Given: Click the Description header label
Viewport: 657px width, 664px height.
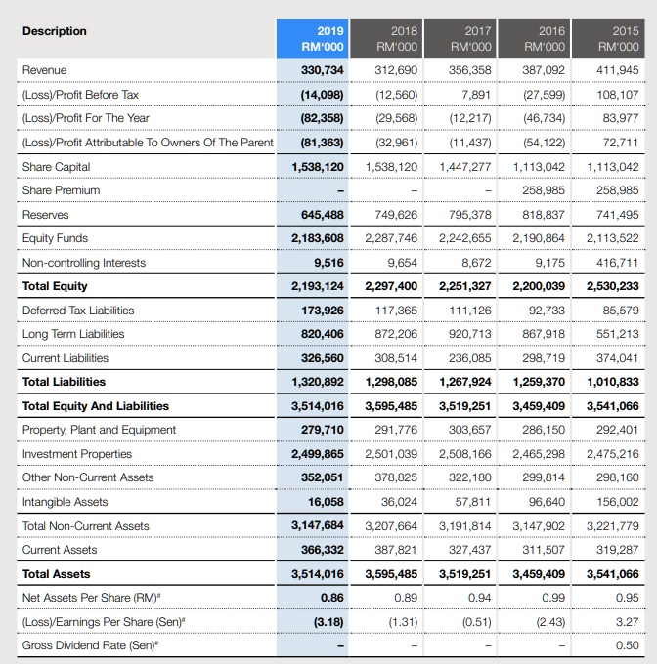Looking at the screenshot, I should click(x=54, y=31).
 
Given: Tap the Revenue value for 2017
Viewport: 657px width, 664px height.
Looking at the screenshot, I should click(x=466, y=70).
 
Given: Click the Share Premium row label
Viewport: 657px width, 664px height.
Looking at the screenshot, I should click(x=60, y=190).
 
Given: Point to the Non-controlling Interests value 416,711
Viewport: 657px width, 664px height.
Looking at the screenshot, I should click(x=616, y=263).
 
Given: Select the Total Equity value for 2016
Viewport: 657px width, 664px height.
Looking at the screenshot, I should click(x=541, y=286).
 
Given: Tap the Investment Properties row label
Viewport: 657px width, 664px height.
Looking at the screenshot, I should click(x=76, y=454).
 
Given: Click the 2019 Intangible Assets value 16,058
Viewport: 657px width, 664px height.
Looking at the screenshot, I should click(x=325, y=502).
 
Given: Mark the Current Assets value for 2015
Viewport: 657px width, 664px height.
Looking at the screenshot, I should click(x=616, y=550).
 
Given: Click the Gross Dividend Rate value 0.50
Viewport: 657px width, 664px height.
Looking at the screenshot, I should click(x=627, y=645).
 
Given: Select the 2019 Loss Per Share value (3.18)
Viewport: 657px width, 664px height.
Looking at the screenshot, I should click(x=328, y=621).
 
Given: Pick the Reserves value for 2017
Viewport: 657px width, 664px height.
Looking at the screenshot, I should click(x=466, y=215).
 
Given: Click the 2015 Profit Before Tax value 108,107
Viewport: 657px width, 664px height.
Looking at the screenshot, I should click(x=616, y=95).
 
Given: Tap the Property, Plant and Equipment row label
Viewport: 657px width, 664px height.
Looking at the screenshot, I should click(x=99, y=430).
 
